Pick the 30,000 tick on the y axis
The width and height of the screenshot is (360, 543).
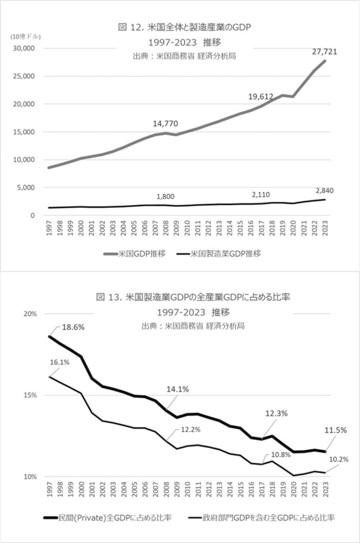23,48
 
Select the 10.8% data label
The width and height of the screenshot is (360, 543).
282,454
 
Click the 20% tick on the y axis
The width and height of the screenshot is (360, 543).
30,313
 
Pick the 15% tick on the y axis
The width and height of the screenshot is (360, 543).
30,395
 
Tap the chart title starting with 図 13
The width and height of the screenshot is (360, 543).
192,298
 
